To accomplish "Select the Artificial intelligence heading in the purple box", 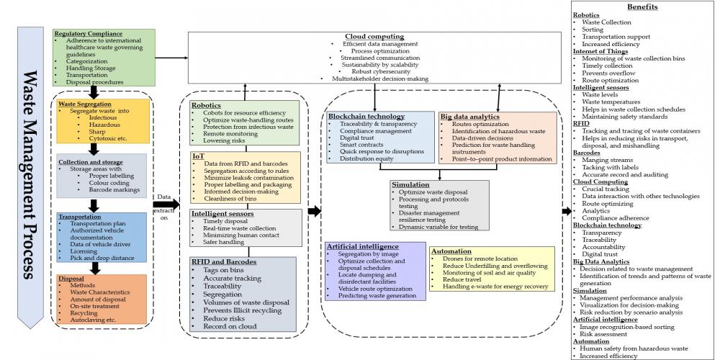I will [361, 246].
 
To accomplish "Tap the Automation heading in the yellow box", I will [451, 251].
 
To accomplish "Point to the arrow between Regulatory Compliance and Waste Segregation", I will [94, 91].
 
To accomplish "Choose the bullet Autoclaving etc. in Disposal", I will [93, 320].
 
